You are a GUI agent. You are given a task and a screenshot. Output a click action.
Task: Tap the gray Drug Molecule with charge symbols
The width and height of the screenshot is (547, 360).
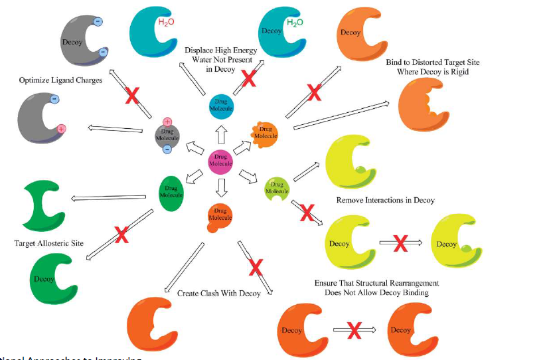point(167,135)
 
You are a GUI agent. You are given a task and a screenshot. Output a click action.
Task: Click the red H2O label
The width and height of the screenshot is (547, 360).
point(166,23)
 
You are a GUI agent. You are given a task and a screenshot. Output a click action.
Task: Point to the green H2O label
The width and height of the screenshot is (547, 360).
point(294,23)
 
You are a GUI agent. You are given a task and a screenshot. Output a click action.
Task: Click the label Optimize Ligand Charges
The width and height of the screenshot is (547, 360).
point(60,80)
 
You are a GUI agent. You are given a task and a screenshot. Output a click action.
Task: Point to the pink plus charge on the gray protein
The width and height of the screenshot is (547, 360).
point(60,128)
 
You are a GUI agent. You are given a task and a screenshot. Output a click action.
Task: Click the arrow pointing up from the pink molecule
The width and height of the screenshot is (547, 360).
point(220,136)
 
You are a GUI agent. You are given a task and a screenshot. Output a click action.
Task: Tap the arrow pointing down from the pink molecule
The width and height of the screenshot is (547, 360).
point(220,185)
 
